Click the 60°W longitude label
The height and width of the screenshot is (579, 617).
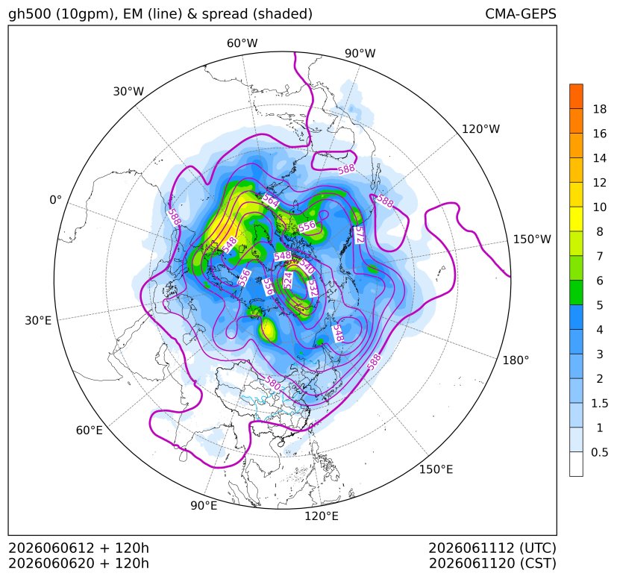pyautogui.click(x=242, y=43)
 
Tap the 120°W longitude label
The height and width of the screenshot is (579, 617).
pyautogui.click(x=480, y=129)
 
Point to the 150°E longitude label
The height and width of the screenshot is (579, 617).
pyautogui.click(x=436, y=469)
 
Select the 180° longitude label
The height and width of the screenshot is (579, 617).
pyautogui.click(x=516, y=360)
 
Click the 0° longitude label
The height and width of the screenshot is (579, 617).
pyautogui.click(x=55, y=200)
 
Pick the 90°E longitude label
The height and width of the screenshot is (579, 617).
pyautogui.click(x=204, y=505)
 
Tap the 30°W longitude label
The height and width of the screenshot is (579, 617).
pyautogui.click(x=128, y=91)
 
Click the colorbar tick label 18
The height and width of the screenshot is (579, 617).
pyautogui.click(x=600, y=109)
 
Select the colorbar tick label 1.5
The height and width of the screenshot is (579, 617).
pyautogui.click(x=599, y=403)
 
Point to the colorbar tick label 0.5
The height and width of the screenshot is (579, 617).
pyautogui.click(x=599, y=452)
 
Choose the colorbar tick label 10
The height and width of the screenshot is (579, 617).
pyautogui.click(x=600, y=207)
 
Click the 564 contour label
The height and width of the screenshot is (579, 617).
pyautogui.click(x=270, y=201)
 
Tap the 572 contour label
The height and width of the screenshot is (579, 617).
pyautogui.click(x=360, y=235)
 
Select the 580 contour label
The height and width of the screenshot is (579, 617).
pyautogui.click(x=273, y=384)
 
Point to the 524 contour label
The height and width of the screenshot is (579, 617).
pyautogui.click(x=288, y=281)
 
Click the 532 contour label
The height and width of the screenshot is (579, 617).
pyautogui.click(x=313, y=288)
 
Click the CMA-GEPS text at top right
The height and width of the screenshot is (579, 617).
pyautogui.click(x=521, y=13)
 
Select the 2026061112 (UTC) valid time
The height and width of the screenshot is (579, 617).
pyautogui.click(x=492, y=548)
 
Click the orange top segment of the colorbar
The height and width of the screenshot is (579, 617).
pyautogui.click(x=576, y=96)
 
